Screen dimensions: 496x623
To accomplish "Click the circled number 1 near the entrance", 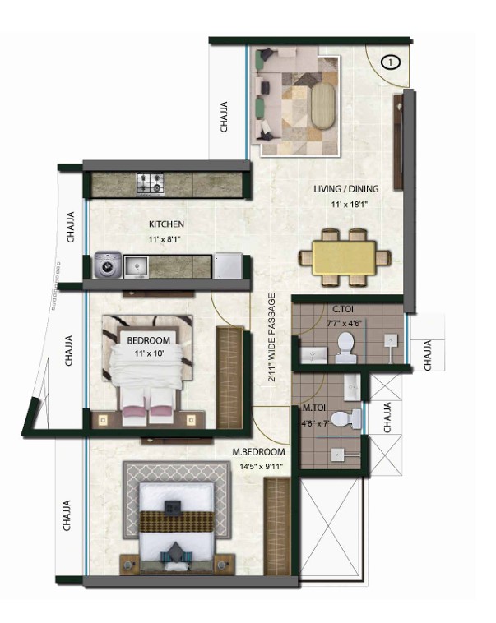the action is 391,62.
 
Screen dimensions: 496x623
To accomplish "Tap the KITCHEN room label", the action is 166,224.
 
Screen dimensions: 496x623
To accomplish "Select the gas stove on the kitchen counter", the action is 151,184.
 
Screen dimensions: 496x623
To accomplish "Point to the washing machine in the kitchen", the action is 108,265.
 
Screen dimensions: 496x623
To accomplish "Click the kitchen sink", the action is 136,267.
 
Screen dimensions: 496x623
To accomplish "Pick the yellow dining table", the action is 344,258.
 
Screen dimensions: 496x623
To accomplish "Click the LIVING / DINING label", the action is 345,189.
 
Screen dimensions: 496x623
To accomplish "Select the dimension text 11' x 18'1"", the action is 350,205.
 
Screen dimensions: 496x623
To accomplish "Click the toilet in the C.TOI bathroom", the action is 345,348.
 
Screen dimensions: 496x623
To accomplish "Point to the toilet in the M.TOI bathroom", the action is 345,420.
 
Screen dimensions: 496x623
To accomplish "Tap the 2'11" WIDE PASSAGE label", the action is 272,337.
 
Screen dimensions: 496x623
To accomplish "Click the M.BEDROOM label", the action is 258,452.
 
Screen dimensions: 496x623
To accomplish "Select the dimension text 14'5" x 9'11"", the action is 262,467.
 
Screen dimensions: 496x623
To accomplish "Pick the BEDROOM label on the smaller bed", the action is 148,340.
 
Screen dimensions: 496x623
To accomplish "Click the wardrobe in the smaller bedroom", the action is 229,377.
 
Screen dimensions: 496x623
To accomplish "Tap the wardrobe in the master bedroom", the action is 277,527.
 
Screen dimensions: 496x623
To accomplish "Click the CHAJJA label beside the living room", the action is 225,117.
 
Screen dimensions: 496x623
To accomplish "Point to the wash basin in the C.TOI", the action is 314,355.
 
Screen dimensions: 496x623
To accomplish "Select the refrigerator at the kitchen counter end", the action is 228,265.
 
